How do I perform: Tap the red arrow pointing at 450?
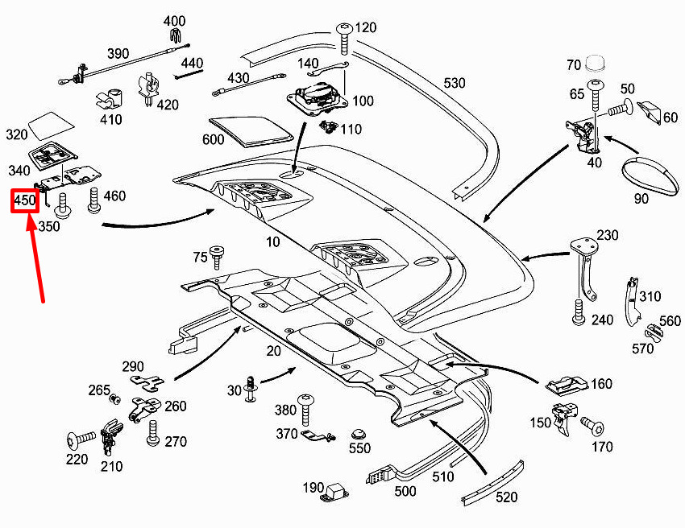36,258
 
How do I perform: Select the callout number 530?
455,83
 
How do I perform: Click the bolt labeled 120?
344,35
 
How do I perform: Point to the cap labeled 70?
597,64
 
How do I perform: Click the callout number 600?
213,139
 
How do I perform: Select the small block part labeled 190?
336,490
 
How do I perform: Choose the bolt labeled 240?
579,313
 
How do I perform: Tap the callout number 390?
118,54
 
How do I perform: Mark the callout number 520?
506,497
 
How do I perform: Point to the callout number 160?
601,384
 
